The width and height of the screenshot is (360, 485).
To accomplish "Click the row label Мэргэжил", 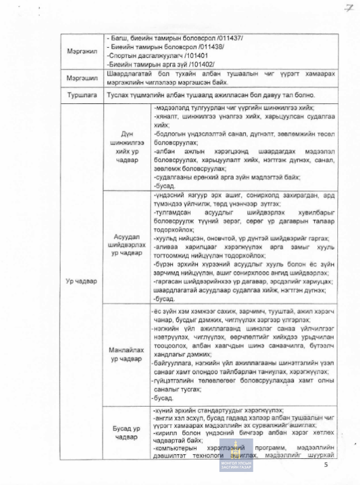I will tap(82, 52).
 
